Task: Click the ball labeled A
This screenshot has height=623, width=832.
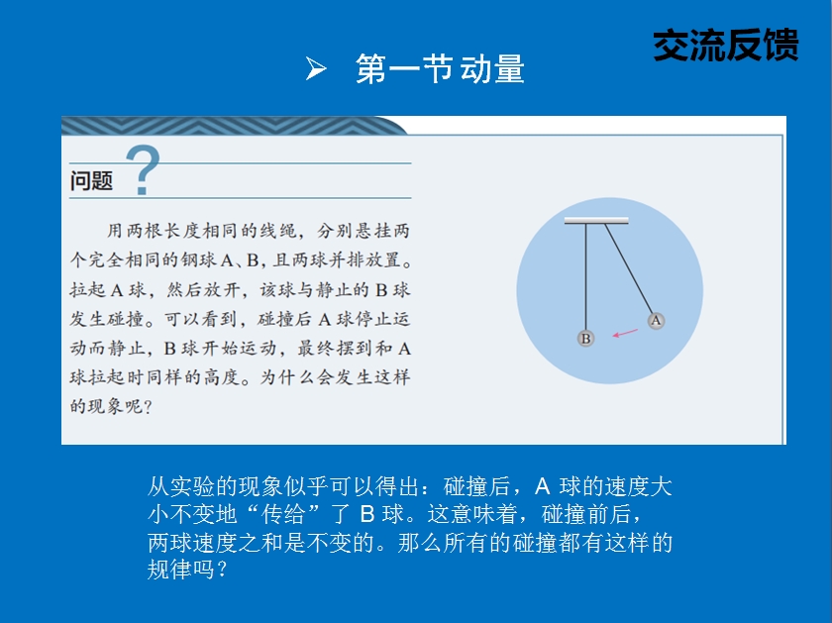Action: tap(656, 321)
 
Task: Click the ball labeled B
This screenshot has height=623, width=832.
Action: tap(585, 338)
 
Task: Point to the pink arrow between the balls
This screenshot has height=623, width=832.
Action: tap(625, 333)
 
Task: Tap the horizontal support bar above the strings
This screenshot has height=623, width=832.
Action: tap(596, 220)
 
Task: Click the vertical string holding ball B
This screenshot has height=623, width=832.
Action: tap(585, 276)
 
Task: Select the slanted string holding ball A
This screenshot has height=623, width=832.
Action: tap(629, 268)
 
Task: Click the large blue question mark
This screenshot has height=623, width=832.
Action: tap(143, 169)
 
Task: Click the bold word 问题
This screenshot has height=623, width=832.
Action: tap(91, 180)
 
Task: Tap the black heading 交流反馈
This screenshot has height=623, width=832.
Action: tap(726, 46)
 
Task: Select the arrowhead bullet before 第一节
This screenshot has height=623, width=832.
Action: tap(316, 69)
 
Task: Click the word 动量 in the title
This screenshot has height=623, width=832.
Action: tap(492, 69)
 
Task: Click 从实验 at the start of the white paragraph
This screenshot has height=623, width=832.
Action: tap(180, 486)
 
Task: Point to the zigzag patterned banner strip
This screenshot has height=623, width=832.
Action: tap(234, 126)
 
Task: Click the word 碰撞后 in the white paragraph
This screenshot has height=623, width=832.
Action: tap(477, 486)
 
